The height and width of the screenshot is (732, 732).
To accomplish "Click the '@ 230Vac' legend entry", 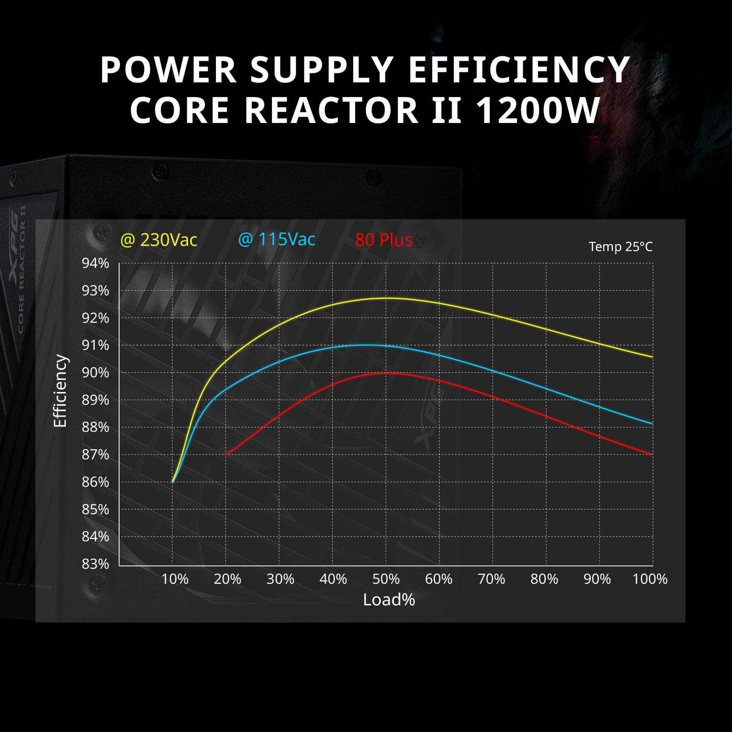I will pyautogui.click(x=159, y=240).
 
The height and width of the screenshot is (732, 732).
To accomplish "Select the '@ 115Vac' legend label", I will pyautogui.click(x=276, y=240).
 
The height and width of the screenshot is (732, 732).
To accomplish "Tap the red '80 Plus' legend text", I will pyautogui.click(x=384, y=240).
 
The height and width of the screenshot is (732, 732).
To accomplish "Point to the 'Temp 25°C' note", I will pyautogui.click(x=621, y=247).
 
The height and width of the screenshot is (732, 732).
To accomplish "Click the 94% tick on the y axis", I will pyautogui.click(x=96, y=263).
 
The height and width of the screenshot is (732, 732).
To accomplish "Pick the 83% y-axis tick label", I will pyautogui.click(x=96, y=564).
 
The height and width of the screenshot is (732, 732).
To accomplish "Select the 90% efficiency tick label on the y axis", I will pyautogui.click(x=96, y=372).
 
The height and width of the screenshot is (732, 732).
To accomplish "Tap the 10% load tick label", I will pyautogui.click(x=175, y=579).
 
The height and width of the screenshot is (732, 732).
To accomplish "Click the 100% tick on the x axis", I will pyautogui.click(x=650, y=579).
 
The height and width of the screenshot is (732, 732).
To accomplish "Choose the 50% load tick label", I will pyautogui.click(x=386, y=579).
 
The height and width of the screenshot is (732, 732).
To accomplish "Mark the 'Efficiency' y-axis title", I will pyautogui.click(x=60, y=390).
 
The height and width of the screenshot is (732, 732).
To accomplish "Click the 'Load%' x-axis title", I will pyautogui.click(x=389, y=600).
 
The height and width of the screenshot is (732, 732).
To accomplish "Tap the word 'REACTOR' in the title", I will pyautogui.click(x=331, y=110).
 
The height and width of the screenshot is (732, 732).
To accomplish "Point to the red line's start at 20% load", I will pyautogui.click(x=226, y=454).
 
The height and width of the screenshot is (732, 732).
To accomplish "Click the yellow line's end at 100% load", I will pyautogui.click(x=652, y=357).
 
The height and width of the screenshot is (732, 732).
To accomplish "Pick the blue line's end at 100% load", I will pyautogui.click(x=652, y=424).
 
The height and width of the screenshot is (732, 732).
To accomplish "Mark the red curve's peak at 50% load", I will pyautogui.click(x=386, y=373).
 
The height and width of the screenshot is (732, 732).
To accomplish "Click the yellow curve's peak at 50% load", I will pyautogui.click(x=386, y=298).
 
